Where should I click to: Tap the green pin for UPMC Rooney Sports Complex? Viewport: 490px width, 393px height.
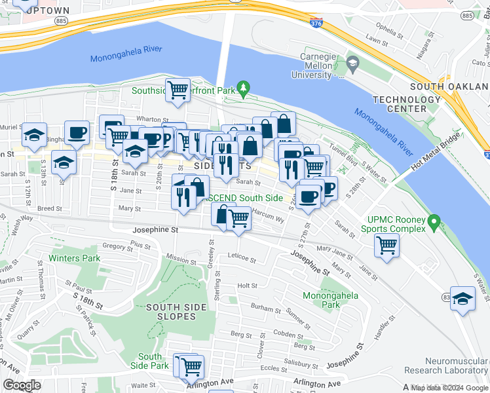point(432,224)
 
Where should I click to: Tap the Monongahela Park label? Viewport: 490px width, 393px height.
point(331,300)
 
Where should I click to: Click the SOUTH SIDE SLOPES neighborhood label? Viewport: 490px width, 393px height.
point(171,311)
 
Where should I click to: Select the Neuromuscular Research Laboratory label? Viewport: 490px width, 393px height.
point(456,365)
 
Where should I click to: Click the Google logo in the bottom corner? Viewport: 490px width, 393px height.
point(22,385)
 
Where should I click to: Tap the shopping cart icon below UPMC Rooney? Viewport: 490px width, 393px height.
point(387,246)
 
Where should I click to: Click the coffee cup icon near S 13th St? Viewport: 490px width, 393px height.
point(77,133)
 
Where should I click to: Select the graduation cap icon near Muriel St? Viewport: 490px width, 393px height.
point(34,135)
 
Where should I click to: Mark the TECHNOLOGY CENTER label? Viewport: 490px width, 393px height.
point(407,103)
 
